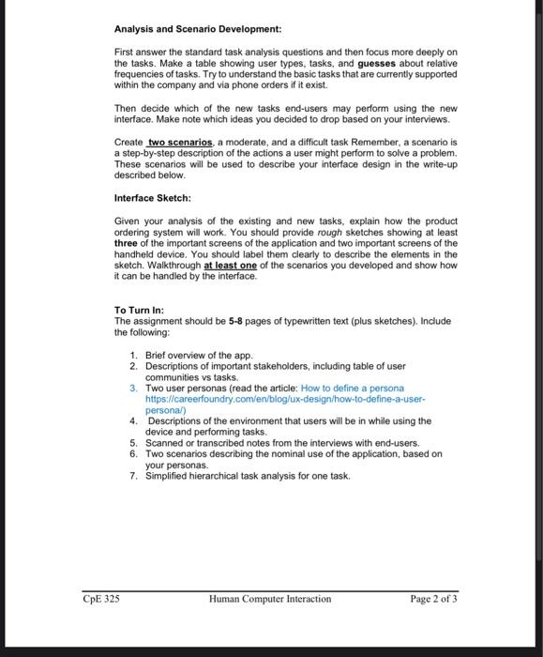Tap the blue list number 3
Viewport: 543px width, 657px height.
[135, 388]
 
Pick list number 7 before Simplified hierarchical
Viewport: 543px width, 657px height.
[135, 476]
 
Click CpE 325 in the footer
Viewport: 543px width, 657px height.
[99, 599]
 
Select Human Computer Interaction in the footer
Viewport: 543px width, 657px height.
[270, 599]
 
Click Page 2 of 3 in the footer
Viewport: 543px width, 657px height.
[433, 599]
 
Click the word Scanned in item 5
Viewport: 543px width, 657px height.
[166, 443]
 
